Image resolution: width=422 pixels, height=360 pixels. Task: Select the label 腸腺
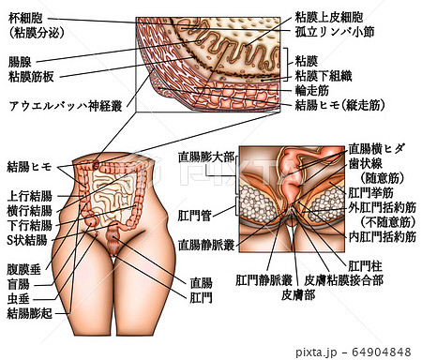click(20, 61)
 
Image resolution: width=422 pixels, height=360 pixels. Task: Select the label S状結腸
click(27, 239)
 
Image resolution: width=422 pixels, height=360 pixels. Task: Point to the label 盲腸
click(20, 285)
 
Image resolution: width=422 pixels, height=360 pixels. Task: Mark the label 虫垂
click(20, 298)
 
